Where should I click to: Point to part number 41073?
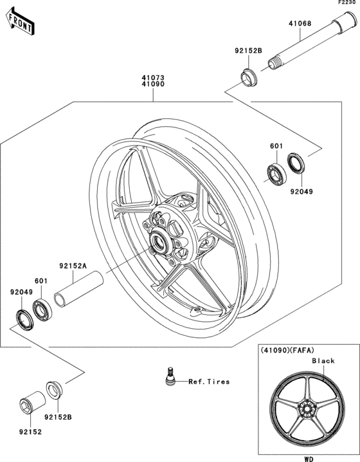click(153, 77)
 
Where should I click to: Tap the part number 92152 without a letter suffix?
click(30, 432)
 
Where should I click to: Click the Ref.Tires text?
click(208, 382)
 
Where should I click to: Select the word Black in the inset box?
click(323, 361)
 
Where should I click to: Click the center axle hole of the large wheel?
click(156, 244)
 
